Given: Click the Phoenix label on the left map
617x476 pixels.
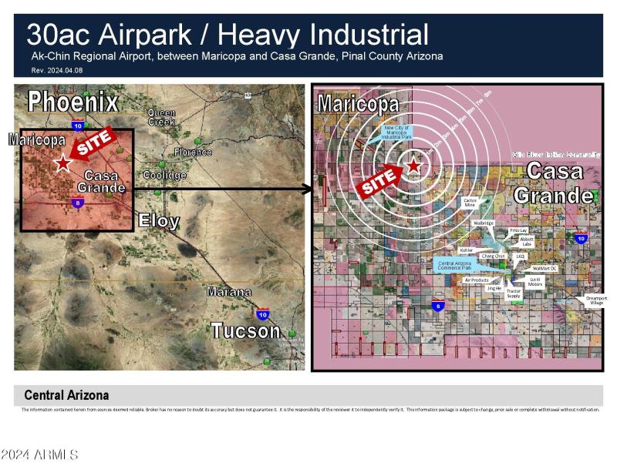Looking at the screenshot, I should click(x=74, y=102).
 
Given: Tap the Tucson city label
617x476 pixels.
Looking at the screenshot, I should click(x=245, y=331).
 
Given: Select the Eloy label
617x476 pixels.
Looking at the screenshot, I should click(x=159, y=222).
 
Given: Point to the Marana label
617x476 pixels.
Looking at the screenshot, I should click(x=228, y=292).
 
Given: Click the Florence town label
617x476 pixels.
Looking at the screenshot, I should click(x=193, y=153).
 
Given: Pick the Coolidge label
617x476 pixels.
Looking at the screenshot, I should click(x=165, y=175).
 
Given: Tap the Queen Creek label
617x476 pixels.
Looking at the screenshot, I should click(x=161, y=117).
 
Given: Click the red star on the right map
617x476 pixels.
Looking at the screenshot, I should click(x=414, y=165).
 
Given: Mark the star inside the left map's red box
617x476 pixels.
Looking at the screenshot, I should click(x=62, y=163).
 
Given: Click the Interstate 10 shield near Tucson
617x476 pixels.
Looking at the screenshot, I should click(x=263, y=313).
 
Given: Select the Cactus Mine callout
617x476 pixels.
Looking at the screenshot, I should click(x=470, y=203).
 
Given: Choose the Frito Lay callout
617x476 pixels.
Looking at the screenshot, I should click(x=519, y=230).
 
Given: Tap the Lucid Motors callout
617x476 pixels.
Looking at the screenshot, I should click(x=535, y=282).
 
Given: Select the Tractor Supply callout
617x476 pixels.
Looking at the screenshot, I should click(x=513, y=293).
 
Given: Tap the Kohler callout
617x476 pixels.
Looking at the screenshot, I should click(x=466, y=250).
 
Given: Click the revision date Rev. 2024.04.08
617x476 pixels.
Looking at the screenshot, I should click(x=56, y=70).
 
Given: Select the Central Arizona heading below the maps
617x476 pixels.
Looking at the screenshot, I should click(x=66, y=395).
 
